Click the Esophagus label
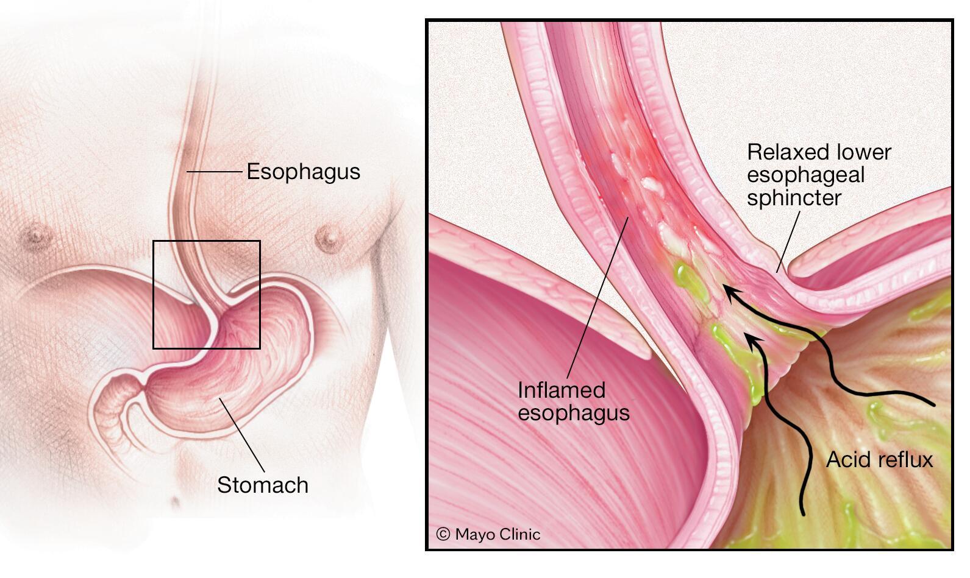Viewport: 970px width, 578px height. [x=303, y=172]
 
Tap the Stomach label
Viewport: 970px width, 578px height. [x=263, y=485]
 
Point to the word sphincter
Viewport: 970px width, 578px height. [x=794, y=198]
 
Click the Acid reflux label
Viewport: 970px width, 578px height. [x=879, y=459]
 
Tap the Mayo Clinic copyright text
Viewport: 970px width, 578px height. [x=497, y=534]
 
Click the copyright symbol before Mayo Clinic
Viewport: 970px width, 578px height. [x=443, y=534]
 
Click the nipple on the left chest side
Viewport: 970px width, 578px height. [x=38, y=233]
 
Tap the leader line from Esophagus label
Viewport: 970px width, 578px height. [x=213, y=172]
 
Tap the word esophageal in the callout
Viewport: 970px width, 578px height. [x=805, y=175]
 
